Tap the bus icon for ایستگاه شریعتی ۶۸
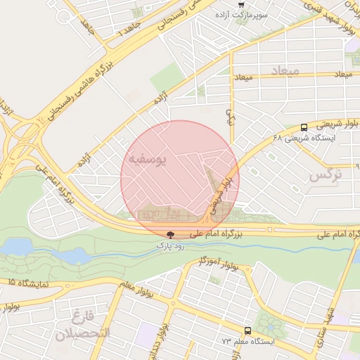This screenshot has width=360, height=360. click(304, 127)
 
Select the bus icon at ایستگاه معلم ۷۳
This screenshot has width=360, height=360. click(247, 330)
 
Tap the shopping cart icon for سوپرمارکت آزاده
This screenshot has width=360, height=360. click(242, 5)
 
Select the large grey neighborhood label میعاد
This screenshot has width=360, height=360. click(284, 71)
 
